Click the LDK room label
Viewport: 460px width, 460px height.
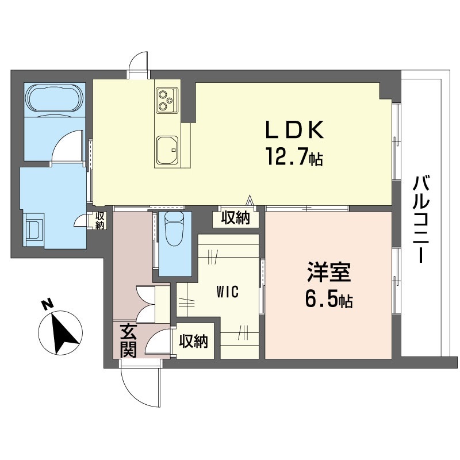[x=294, y=130]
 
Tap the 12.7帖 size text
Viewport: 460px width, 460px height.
[x=294, y=156]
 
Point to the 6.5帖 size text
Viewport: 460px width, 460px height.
[x=329, y=298]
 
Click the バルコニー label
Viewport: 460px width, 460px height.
[x=421, y=218]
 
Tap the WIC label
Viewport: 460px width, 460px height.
[x=227, y=292]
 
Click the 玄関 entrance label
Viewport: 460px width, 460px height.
[x=128, y=340]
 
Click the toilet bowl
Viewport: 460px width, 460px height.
[x=174, y=228]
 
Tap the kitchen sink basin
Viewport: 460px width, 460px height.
[x=167, y=150]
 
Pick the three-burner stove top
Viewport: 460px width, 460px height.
[x=167, y=100]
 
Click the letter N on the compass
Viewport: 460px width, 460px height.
[x=47, y=304]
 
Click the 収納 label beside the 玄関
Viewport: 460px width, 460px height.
[x=194, y=341]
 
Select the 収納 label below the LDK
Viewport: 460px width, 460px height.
[x=236, y=218]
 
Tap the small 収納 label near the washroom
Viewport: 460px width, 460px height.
[x=99, y=221]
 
